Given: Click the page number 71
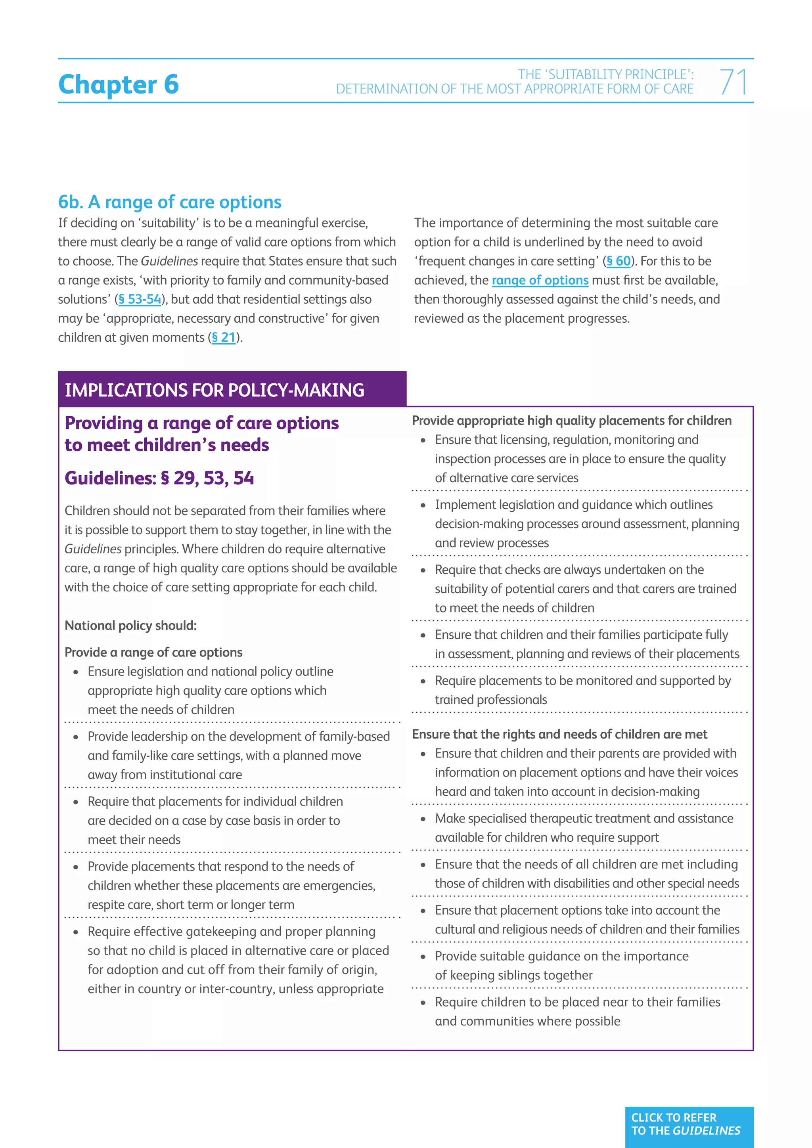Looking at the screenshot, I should click(x=733, y=82).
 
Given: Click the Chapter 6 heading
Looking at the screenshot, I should click(x=119, y=84).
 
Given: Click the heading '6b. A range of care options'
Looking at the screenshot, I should click(x=170, y=202).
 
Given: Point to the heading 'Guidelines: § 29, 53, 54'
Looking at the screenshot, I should click(x=159, y=478).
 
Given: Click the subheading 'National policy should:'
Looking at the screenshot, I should click(x=130, y=626).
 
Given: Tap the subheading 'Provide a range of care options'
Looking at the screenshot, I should click(x=153, y=652).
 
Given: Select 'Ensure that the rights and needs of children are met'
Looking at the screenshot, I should click(x=559, y=734).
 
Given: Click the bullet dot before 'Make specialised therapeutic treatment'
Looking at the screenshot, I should click(x=423, y=819).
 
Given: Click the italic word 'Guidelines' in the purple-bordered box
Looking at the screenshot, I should click(x=93, y=549).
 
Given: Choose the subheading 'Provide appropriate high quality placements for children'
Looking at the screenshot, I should click(x=571, y=421).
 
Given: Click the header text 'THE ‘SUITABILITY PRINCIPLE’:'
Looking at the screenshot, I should click(x=605, y=75).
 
